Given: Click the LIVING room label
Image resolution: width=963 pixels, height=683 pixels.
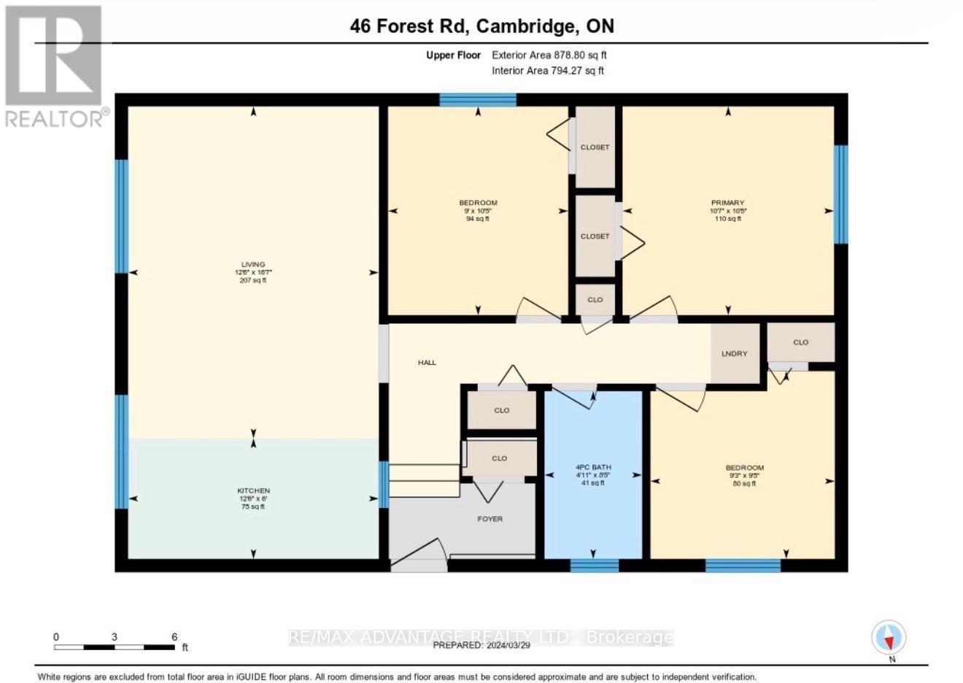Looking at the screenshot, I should [x=253, y=265].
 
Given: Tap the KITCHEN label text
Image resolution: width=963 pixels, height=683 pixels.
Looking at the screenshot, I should [x=253, y=491].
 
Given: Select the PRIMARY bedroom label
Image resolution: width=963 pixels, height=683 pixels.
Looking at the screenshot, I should [x=727, y=203].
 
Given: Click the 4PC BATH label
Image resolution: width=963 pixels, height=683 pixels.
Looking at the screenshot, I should [x=592, y=467].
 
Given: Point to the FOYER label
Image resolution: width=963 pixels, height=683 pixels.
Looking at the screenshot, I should [x=490, y=519].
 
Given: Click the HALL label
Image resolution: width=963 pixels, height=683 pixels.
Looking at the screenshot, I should [x=427, y=362].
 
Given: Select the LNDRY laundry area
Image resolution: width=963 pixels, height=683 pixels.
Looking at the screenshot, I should [x=734, y=353].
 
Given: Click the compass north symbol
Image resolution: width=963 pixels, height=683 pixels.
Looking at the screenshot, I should [x=889, y=638].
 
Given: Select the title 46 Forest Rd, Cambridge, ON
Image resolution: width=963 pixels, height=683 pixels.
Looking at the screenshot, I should [x=481, y=26].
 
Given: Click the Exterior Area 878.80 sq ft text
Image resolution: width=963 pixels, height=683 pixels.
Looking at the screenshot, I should [x=549, y=55].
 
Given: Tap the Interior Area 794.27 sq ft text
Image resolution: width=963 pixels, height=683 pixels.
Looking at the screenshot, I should [x=548, y=71].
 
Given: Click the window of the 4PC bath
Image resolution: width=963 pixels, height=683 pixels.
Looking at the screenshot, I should [x=594, y=565].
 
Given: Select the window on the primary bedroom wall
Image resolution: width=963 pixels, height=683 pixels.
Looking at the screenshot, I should [x=840, y=194].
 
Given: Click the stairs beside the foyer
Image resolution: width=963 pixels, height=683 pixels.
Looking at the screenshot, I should [x=424, y=480].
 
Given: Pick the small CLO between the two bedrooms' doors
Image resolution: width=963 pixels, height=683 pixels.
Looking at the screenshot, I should [x=595, y=299].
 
